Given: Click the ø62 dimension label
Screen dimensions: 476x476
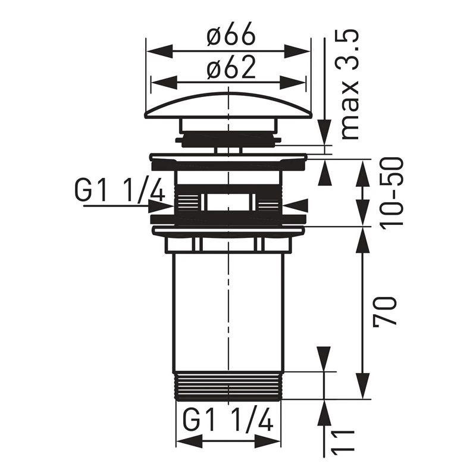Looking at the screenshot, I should [231, 70].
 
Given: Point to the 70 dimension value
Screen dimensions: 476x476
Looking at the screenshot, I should [386, 311].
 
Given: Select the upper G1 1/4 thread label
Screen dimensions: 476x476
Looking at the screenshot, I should [120, 191].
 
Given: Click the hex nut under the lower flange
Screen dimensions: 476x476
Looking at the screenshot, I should [228, 244].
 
